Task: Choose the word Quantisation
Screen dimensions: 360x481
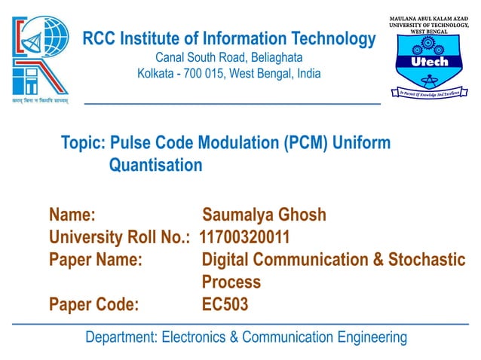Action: click(x=155, y=165)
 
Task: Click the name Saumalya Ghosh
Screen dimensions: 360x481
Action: click(x=264, y=215)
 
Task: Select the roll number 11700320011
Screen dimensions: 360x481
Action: click(x=244, y=237)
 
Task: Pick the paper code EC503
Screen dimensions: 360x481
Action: click(x=225, y=304)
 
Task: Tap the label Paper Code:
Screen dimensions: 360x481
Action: click(x=93, y=304)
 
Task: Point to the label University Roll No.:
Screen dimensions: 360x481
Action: click(x=119, y=237)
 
